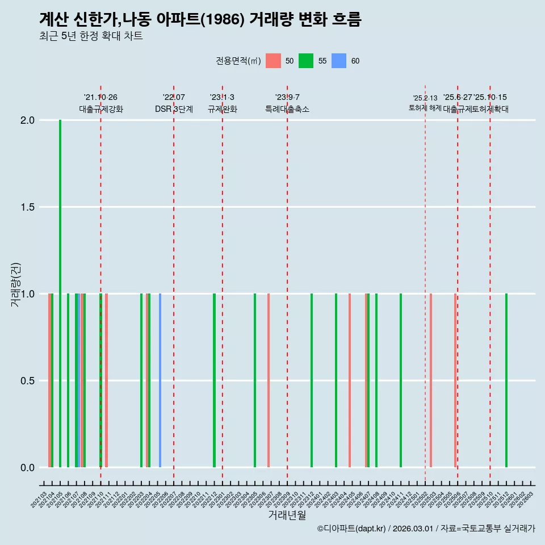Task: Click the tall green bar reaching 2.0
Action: [x=60, y=284]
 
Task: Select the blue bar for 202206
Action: [x=160, y=380]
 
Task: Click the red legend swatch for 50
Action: [x=273, y=61]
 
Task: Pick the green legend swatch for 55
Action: [x=306, y=61]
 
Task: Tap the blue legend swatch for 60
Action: [x=339, y=61]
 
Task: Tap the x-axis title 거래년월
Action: [x=287, y=515]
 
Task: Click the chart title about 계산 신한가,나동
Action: [x=200, y=19]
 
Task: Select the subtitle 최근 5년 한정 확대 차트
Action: [x=91, y=36]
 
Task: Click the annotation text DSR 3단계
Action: [x=174, y=109]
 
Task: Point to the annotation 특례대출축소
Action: [x=287, y=109]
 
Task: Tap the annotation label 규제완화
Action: [x=222, y=109]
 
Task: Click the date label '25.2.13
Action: [x=425, y=98]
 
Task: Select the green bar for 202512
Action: [x=506, y=380]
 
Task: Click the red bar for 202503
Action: [x=431, y=380]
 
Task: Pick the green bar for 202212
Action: [x=214, y=380]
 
